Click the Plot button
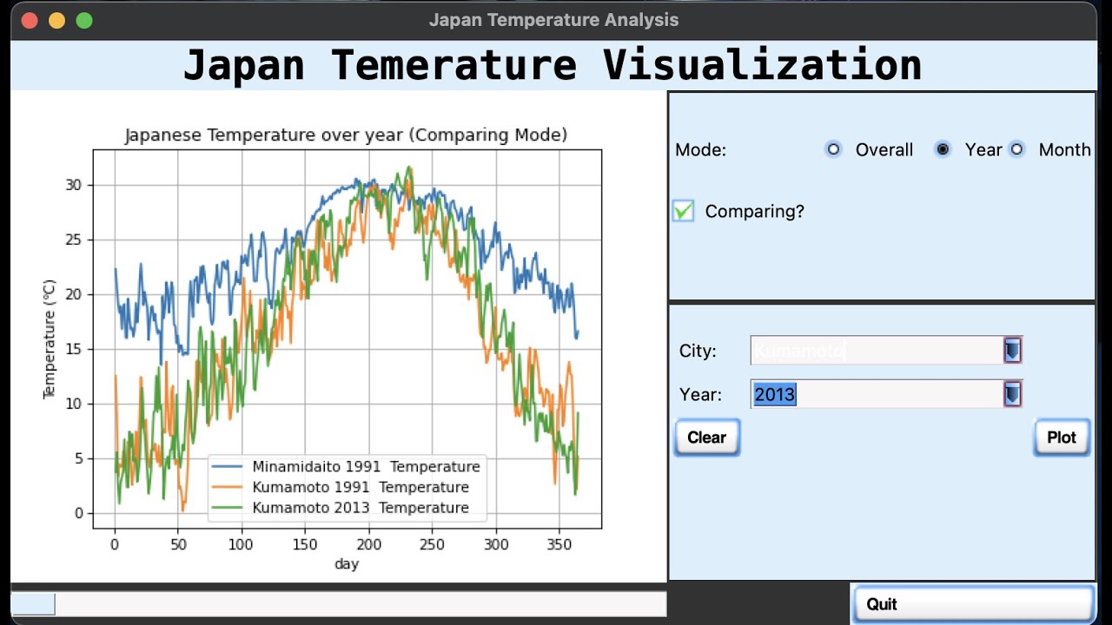(x=1061, y=437)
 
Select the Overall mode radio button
(x=833, y=149)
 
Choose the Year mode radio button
(x=943, y=149)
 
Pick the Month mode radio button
(x=1017, y=149)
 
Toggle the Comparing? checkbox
(x=684, y=211)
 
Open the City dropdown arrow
(x=1012, y=351)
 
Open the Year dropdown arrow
(x=1012, y=394)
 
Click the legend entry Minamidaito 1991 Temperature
(x=366, y=466)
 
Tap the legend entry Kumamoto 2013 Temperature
(x=361, y=508)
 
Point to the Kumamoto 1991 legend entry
(x=361, y=487)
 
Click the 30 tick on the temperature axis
(x=73, y=185)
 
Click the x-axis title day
(x=347, y=564)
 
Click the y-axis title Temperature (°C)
(x=50, y=339)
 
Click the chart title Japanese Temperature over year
(x=346, y=135)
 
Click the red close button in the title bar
(x=29, y=20)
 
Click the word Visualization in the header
(x=762, y=65)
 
